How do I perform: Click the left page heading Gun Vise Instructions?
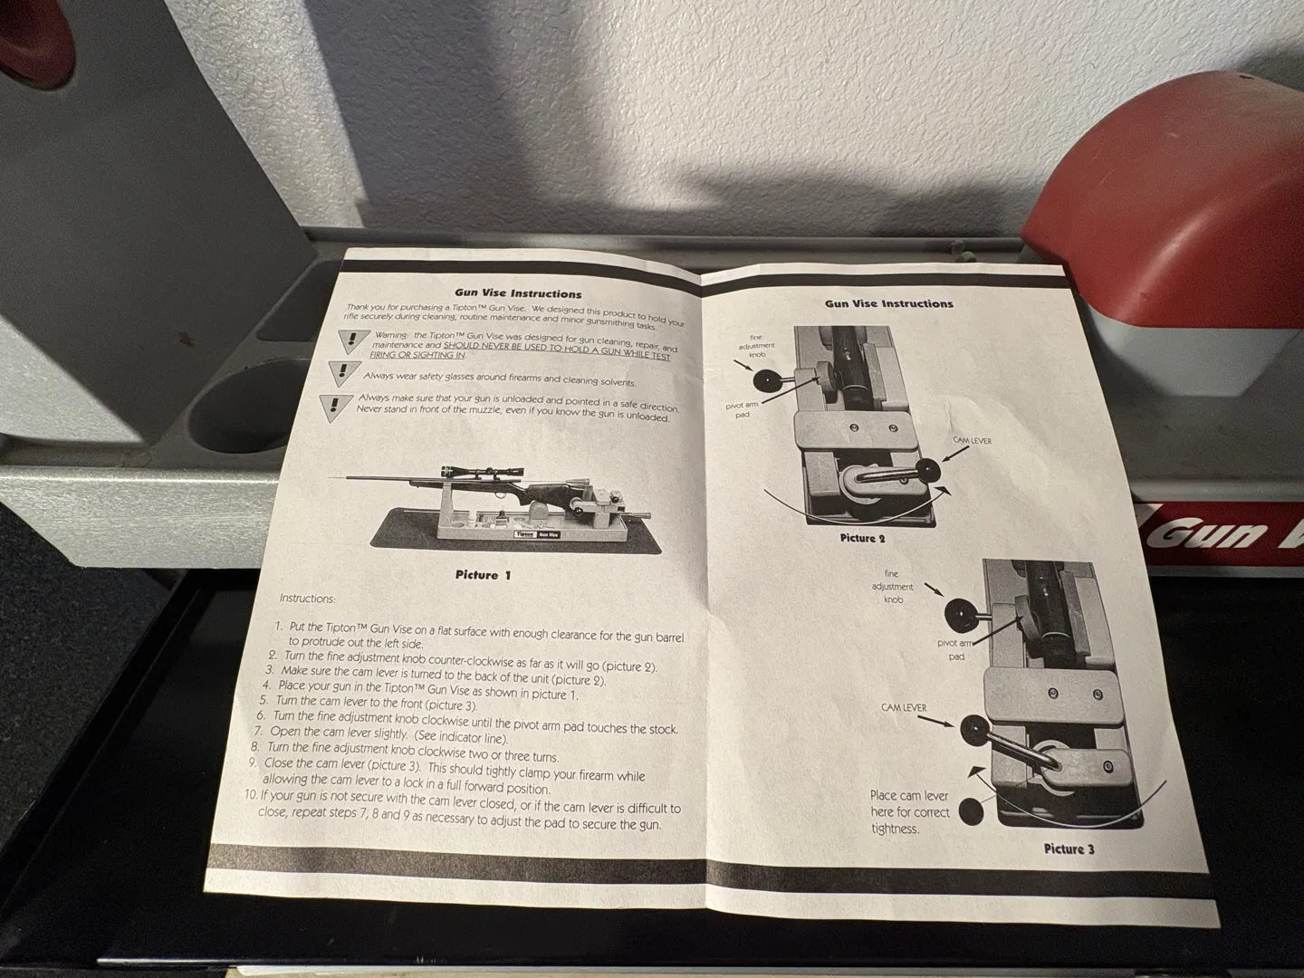[518, 293]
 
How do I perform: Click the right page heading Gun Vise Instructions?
[888, 303]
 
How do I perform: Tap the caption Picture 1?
[483, 575]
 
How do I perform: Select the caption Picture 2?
[863, 538]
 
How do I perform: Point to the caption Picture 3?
[1069, 849]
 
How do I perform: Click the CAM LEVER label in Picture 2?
[973, 441]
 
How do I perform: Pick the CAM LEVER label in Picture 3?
[904, 708]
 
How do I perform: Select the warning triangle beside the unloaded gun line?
[336, 407]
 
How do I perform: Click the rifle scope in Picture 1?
[481, 472]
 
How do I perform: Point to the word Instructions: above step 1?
[308, 599]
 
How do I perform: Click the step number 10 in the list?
[252, 794]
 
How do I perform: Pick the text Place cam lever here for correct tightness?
[909, 811]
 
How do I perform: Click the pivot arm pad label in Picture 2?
[742, 409]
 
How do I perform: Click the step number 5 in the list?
[264, 700]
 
